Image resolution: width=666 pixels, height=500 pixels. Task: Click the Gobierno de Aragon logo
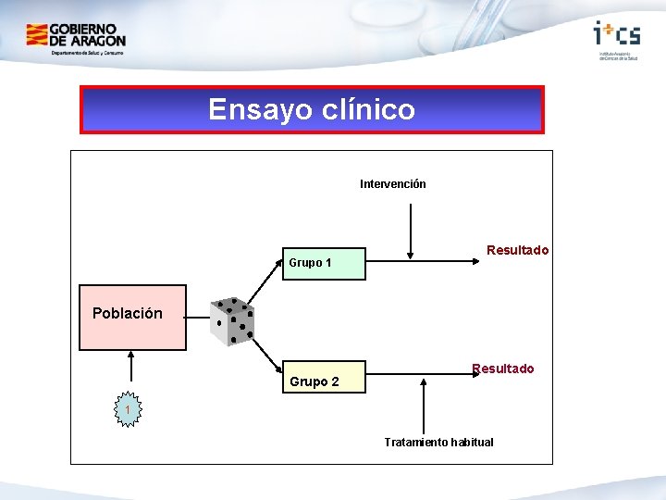[76, 40]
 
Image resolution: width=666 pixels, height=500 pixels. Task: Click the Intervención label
[393, 184]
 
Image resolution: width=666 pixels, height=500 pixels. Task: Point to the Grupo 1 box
[324, 263]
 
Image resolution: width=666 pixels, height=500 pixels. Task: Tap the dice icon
[231, 321]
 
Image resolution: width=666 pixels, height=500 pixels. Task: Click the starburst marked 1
[129, 408]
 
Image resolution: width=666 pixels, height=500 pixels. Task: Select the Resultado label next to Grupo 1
[517, 250]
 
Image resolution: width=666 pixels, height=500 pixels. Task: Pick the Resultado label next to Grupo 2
[503, 369]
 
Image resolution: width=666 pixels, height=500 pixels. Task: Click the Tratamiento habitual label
[438, 442]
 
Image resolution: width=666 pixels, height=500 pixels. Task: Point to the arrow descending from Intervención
[411, 231]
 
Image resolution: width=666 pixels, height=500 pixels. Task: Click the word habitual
[472, 442]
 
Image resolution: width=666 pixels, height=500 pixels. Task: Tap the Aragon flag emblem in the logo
[37, 36]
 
